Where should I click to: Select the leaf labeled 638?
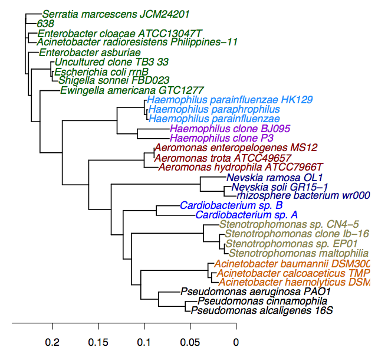[45, 24]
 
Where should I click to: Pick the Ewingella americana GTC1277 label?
[131, 90]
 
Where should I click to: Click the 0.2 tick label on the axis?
[53, 342]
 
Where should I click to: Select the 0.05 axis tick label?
[190, 342]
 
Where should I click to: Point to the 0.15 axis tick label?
[98, 342]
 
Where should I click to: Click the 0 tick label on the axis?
[236, 342]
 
